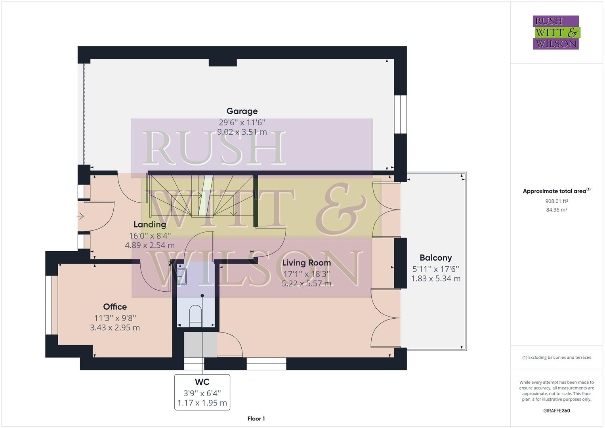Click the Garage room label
[x=242, y=111]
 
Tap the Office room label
[x=115, y=307]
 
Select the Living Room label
[x=306, y=263]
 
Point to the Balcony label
[x=435, y=258]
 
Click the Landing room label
[x=149, y=225]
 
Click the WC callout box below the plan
[x=202, y=392]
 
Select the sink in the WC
[x=182, y=276]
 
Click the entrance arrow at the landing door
[x=80, y=216]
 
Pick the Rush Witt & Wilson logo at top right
[x=556, y=32]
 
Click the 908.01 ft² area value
[x=556, y=201]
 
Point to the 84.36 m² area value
[x=556, y=210]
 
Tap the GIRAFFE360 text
[x=556, y=411]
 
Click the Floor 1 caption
[x=256, y=418]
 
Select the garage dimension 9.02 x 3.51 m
[x=242, y=132]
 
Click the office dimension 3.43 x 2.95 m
[x=115, y=328]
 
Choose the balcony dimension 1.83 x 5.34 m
[x=435, y=279]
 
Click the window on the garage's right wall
[x=401, y=114]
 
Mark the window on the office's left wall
[x=49, y=305]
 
